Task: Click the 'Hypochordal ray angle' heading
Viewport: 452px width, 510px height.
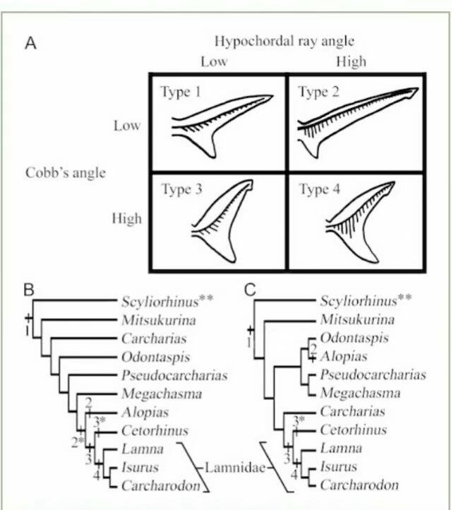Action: [x=284, y=42]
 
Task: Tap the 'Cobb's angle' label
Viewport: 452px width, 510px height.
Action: [x=66, y=173]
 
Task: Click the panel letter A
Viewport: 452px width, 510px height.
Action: [x=30, y=43]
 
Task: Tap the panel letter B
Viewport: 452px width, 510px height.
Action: [x=29, y=289]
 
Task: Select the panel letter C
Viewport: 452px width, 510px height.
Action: [x=250, y=289]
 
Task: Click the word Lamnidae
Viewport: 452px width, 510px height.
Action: [x=235, y=468]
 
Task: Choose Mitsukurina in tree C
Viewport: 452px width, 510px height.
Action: [x=357, y=319]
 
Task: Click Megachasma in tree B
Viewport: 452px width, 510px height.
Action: [x=162, y=394]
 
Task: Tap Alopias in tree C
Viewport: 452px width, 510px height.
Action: [x=344, y=357]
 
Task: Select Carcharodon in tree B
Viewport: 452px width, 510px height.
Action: [x=161, y=485]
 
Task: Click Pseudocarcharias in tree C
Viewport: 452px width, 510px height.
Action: [x=373, y=374]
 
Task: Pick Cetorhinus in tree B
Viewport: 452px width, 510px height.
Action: [x=155, y=431]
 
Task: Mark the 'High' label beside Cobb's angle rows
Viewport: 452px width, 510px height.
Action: [x=127, y=218]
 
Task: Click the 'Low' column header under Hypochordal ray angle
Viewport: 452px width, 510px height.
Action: [x=214, y=61]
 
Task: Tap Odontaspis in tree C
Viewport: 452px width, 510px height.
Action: [x=354, y=338]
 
